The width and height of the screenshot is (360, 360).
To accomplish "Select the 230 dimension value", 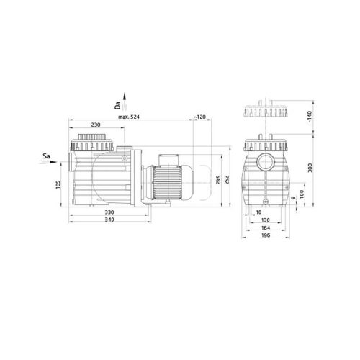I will pos(95,125).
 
